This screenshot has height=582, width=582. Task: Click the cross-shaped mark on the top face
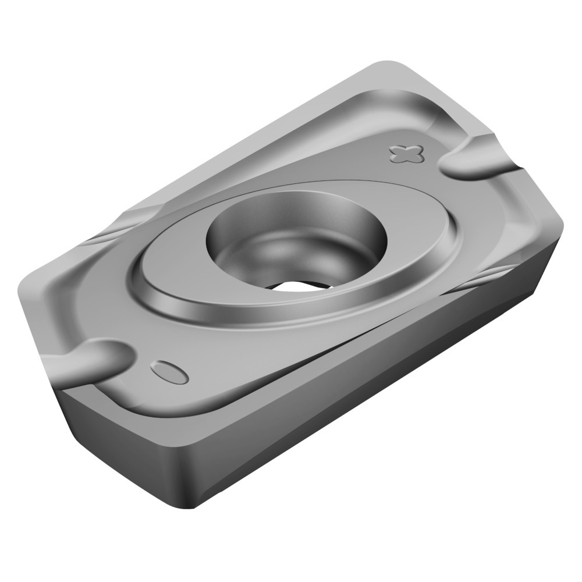[405, 153]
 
